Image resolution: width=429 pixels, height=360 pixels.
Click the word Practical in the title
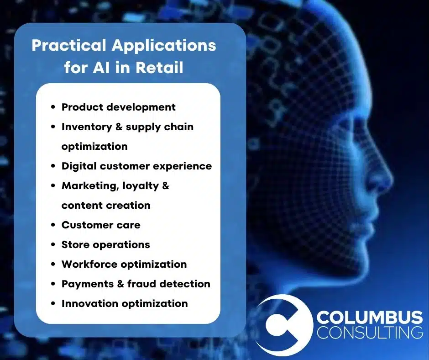[x=68, y=45]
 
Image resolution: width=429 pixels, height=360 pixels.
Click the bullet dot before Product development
[x=53, y=107]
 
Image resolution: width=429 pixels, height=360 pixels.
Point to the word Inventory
[x=87, y=127]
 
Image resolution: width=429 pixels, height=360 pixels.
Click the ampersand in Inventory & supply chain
[x=119, y=127]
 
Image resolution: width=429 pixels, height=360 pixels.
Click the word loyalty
[x=141, y=186]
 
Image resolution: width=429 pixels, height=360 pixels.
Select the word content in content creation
[x=82, y=206]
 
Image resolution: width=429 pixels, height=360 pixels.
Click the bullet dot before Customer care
[x=53, y=225]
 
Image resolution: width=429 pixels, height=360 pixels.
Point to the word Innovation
[x=90, y=303]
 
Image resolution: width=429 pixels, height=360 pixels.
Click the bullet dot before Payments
[x=53, y=284]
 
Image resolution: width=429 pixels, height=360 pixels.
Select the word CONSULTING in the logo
[x=370, y=332]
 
